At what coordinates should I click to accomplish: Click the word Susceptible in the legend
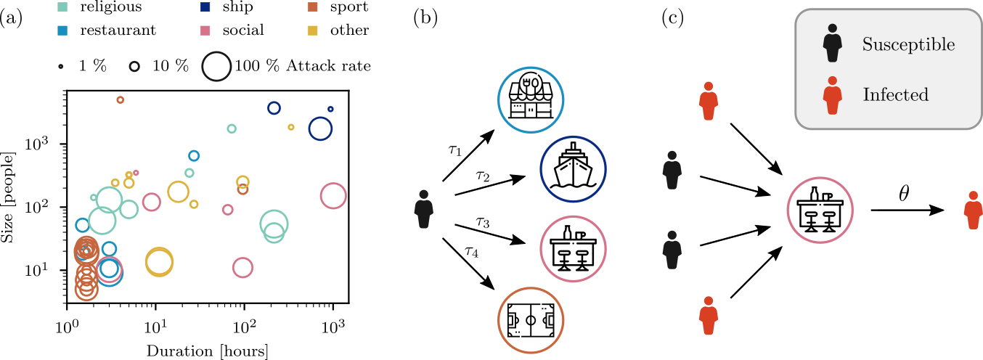[x=908, y=45]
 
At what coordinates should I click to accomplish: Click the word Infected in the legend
[x=895, y=95]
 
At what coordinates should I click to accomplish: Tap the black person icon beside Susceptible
[x=832, y=44]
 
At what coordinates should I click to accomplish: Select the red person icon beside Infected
[x=832, y=96]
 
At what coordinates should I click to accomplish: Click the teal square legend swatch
[x=62, y=7]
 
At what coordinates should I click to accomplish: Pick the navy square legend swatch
[x=205, y=7]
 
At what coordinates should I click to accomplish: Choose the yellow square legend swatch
[x=313, y=30]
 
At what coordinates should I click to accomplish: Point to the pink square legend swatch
[x=205, y=30]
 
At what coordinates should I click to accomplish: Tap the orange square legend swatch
[x=313, y=7]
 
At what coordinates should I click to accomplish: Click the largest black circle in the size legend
[x=216, y=66]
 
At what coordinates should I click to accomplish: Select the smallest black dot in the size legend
[x=60, y=66]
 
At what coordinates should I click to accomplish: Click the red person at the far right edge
[x=973, y=211]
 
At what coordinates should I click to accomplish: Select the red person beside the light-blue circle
[x=708, y=102]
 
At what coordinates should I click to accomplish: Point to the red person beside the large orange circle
[x=708, y=316]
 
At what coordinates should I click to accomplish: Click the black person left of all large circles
[x=423, y=210]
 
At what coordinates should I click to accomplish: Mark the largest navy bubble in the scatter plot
[x=320, y=128]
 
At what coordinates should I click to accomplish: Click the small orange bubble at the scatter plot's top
[x=121, y=100]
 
